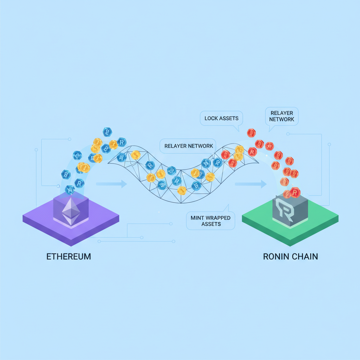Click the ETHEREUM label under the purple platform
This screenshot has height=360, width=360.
69,256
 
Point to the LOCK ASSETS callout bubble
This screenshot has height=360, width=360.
221,118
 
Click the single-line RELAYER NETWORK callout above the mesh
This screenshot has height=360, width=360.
188,146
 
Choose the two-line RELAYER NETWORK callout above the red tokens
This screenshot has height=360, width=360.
282,116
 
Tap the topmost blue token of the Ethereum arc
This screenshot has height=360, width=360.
107,132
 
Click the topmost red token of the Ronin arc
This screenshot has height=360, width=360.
251,133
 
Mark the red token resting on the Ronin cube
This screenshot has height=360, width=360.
295,192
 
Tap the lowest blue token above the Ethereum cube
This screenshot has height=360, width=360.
70,190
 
